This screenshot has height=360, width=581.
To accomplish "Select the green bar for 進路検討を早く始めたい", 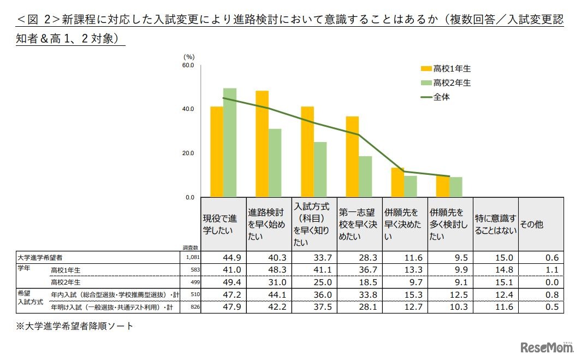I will [275, 163].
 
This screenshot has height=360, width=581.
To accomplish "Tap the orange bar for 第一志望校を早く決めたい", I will [352, 157].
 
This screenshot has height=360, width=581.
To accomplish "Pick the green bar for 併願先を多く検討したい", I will [456, 187].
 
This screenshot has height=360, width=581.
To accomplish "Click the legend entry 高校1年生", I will [446, 69].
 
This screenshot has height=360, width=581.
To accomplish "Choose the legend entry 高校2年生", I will [446, 83].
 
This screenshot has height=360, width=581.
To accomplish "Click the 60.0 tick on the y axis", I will [188, 65].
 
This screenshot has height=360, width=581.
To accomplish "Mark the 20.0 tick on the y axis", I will [188, 154].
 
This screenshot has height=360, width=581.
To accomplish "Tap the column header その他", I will [531, 225].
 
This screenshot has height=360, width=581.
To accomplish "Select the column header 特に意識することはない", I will [495, 225].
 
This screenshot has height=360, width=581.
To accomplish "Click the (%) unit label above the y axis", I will [189, 56].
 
